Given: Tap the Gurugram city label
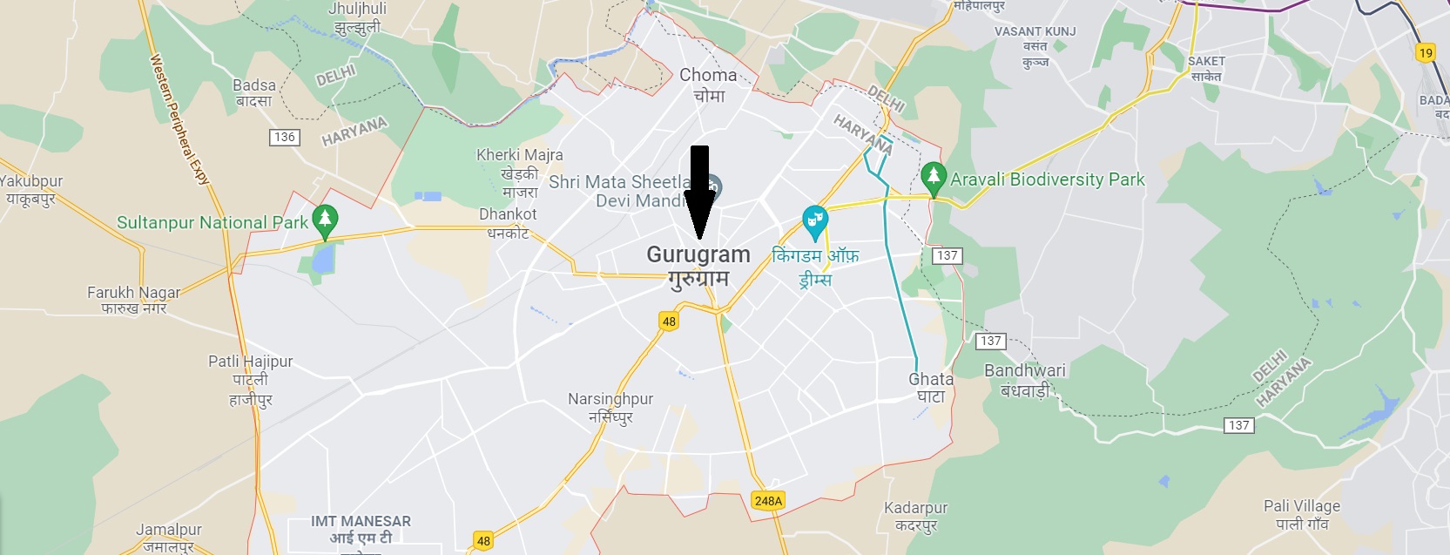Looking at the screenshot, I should click(x=698, y=255).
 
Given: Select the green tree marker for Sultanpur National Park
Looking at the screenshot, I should click(x=325, y=220).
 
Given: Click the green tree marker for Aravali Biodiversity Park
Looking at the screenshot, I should click(x=934, y=179).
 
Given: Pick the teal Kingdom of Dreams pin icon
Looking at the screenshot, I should click(x=814, y=222).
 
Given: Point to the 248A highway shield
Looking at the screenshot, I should click(x=768, y=500).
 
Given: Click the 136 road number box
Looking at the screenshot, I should click(x=285, y=137).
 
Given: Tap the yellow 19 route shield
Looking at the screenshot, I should click(x=1426, y=52).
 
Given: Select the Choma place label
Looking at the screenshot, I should click(x=708, y=76).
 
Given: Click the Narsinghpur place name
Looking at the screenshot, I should click(x=610, y=399).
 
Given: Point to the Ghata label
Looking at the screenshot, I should click(x=931, y=379).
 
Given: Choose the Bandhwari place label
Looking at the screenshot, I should click(x=1025, y=370).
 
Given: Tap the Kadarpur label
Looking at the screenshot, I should click(x=915, y=508).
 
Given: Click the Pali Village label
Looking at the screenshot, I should click(x=1302, y=506).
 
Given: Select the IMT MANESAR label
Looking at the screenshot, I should click(x=361, y=521).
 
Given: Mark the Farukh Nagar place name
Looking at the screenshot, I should click(x=133, y=293).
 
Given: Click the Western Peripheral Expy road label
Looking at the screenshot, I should click(x=180, y=119).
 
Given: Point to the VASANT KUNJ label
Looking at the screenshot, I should click(x=1035, y=31).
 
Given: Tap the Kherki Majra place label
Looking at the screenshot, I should click(x=519, y=155).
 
